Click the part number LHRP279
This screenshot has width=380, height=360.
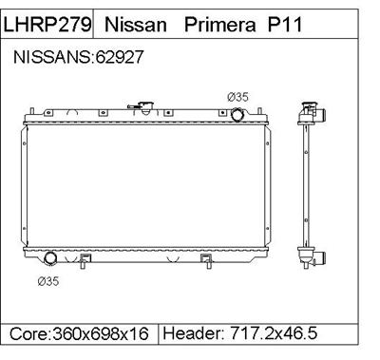tap(47, 23)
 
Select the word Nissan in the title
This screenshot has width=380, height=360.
tap(133, 23)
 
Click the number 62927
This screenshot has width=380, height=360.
tap(119, 58)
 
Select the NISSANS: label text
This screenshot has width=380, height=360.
tap(53, 58)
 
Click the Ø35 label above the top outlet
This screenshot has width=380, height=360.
tap(237, 97)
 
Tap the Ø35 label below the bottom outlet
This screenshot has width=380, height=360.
tap(47, 280)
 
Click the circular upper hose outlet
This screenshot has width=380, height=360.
tap(238, 115)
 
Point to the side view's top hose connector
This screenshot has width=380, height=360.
tap(320, 115)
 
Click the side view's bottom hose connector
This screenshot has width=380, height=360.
tap(320, 256)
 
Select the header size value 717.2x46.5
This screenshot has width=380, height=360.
tap(275, 335)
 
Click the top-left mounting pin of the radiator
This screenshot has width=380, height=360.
tap(30, 113)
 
